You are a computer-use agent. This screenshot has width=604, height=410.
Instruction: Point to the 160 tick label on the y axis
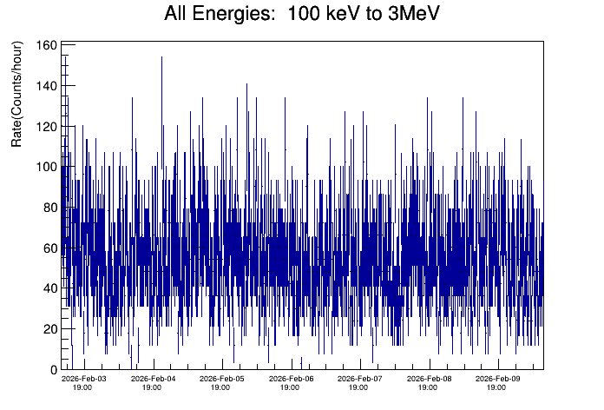pos(47,45)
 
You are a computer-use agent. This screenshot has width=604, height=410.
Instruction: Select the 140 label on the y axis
pos(47,86)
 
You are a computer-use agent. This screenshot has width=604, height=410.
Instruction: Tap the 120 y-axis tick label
pos(47,127)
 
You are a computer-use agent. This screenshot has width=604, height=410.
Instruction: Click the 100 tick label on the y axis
pos(47,167)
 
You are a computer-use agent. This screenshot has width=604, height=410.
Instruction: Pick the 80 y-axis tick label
pos(49,208)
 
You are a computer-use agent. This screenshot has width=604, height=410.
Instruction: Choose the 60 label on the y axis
pos(49,248)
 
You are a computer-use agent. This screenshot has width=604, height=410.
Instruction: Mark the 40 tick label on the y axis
pos(49,288)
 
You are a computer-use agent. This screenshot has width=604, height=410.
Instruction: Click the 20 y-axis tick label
pos(49,329)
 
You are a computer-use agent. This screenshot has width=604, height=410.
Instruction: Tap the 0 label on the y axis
pos(53,370)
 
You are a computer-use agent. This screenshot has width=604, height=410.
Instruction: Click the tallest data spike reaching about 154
pos(161,59)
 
